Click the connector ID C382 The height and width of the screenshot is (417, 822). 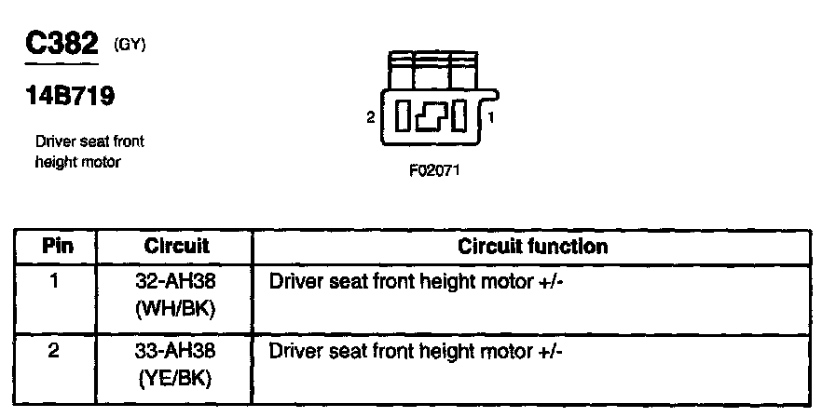tap(62, 43)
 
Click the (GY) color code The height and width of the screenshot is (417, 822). tap(130, 44)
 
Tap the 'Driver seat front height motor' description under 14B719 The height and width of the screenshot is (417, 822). tap(89, 152)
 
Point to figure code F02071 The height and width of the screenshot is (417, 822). tap(434, 171)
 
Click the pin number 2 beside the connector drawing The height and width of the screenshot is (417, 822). tap(371, 118)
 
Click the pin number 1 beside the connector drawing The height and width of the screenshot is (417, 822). tap(491, 118)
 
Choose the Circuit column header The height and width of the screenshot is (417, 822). tap(176, 247)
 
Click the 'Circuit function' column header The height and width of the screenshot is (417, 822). tap(532, 247)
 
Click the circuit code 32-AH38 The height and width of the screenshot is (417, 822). tap(176, 279)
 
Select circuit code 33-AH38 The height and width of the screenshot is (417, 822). tap(176, 353)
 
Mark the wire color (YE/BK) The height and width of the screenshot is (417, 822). tap(176, 379)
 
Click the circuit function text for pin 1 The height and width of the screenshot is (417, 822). tap(417, 279)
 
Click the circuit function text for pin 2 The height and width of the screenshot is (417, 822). tap(417, 353)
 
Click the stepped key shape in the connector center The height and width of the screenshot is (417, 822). tap(432, 116)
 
